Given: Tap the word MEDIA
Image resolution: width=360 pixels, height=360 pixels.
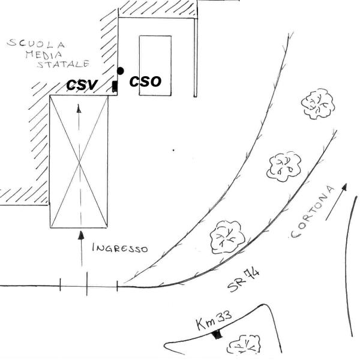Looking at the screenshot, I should pyautogui.click(x=58, y=54).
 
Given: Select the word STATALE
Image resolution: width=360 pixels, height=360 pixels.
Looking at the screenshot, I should pyautogui.click(x=63, y=64).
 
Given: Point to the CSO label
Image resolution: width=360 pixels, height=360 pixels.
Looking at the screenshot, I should pyautogui.click(x=146, y=82).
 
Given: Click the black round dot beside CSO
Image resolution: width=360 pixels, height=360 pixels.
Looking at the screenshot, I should pyautogui.click(x=120, y=71).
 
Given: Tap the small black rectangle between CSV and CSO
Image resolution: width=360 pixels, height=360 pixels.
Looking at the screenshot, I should pyautogui.click(x=115, y=86).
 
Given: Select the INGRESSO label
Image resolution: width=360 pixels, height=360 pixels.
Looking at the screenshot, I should pyautogui.click(x=120, y=248).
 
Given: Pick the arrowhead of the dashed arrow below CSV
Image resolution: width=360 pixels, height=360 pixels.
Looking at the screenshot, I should pyautogui.click(x=79, y=108).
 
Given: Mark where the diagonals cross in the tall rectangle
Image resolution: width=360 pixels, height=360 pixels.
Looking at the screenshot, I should pyautogui.click(x=79, y=161).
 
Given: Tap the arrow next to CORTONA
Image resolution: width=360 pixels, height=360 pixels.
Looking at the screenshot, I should pyautogui.click(x=336, y=202).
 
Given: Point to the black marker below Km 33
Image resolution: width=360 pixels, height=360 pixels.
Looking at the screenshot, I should pyautogui.click(x=220, y=334).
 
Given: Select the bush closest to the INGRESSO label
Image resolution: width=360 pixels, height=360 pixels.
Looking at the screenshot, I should pyautogui.click(x=226, y=236).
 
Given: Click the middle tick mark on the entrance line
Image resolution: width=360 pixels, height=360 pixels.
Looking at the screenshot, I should pyautogui.click(x=87, y=284).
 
